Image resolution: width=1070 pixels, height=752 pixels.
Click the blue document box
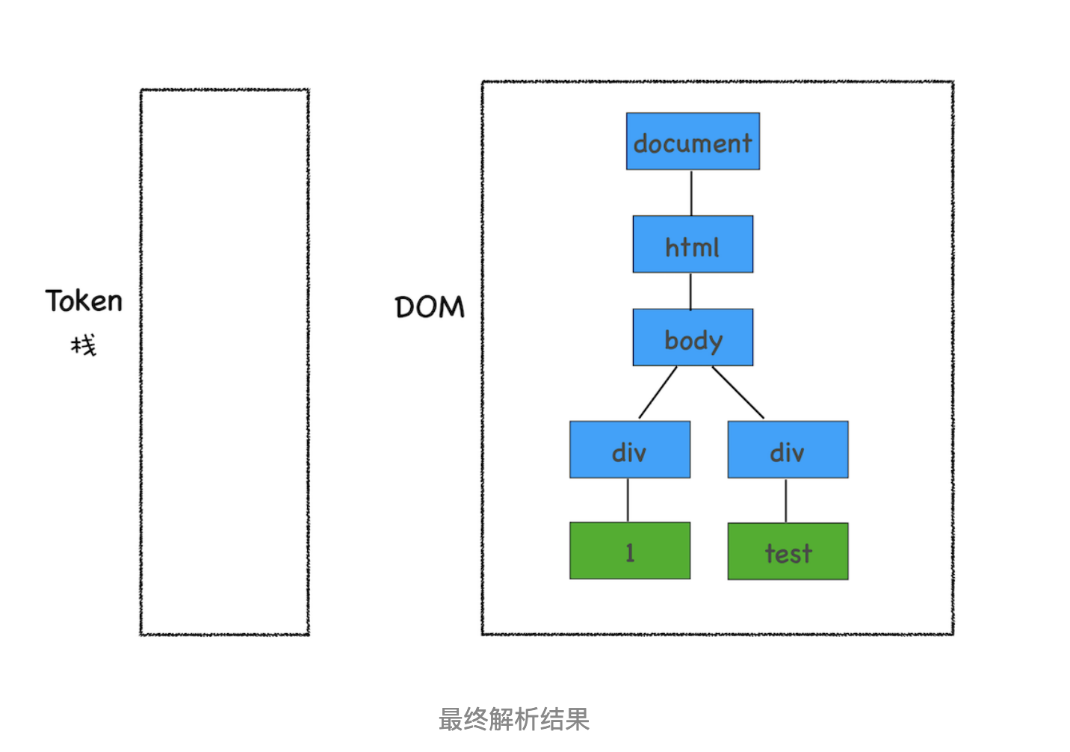[x=693, y=141]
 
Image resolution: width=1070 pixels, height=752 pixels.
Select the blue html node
[x=693, y=244]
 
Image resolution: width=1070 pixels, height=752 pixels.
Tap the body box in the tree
[x=693, y=337]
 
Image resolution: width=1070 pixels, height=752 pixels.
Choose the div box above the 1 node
[x=629, y=449]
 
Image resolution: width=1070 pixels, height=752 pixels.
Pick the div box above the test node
[x=788, y=449]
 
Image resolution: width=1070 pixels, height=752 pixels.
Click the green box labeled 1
[x=629, y=551]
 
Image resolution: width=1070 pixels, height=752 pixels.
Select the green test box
[x=788, y=551]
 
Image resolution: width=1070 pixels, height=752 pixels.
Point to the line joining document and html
[x=691, y=193]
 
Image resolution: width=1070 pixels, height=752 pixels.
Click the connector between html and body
[x=690, y=291]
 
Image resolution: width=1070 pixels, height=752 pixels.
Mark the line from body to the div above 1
[x=658, y=392]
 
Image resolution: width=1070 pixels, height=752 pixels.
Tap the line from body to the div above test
[x=738, y=392]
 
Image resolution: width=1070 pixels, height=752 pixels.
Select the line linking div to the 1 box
[x=628, y=500]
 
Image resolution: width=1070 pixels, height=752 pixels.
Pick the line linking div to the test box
[x=786, y=500]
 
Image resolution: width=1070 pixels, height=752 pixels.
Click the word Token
[x=84, y=301]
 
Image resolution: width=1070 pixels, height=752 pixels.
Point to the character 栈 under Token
[x=84, y=345]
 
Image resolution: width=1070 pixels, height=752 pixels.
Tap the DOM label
[x=430, y=307]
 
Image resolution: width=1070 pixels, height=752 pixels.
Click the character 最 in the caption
[x=451, y=719]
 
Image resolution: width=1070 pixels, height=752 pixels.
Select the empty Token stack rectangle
[x=224, y=363]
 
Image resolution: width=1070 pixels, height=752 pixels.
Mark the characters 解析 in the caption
[x=514, y=719]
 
